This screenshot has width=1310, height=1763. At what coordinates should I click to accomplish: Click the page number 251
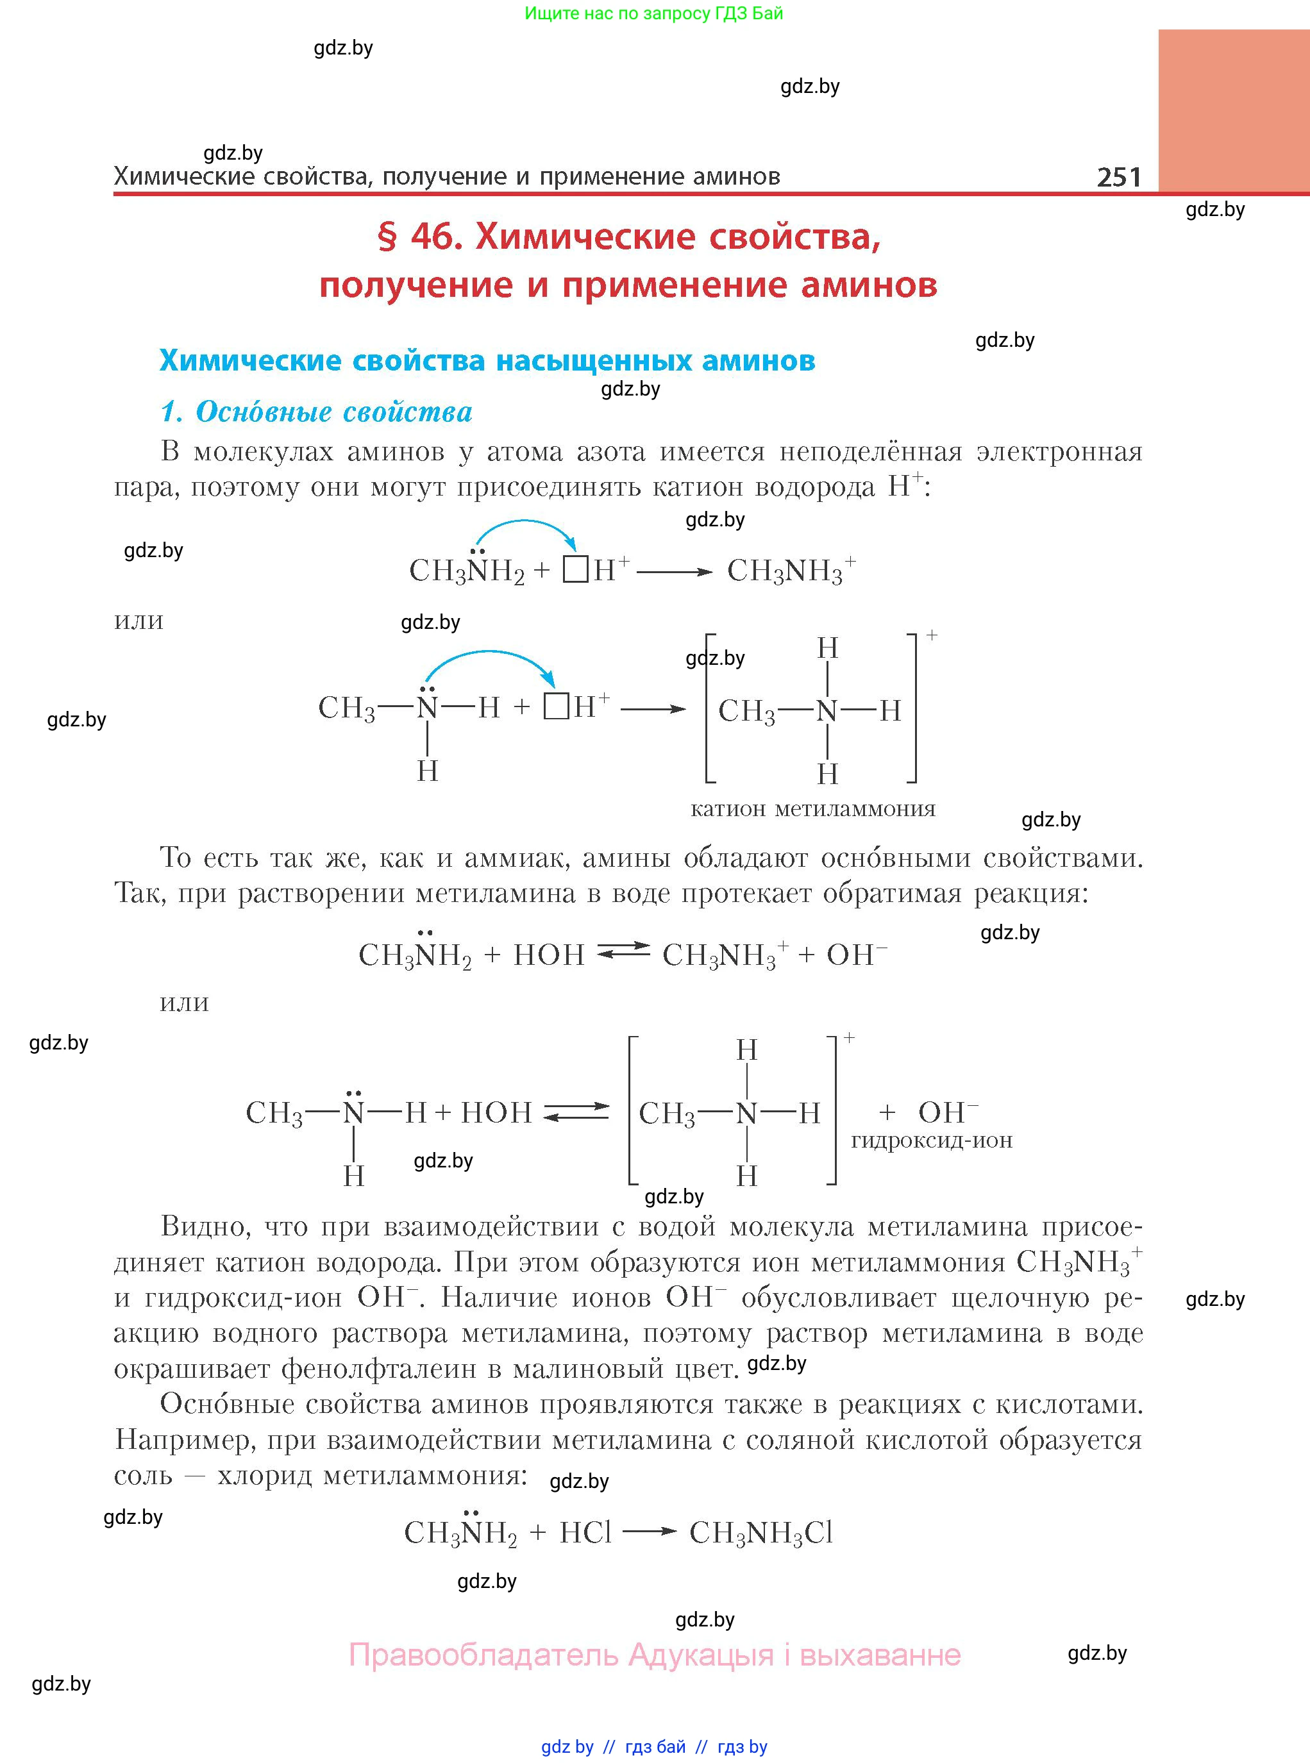tap(1119, 176)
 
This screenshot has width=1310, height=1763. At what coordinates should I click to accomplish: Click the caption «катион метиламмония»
tap(813, 809)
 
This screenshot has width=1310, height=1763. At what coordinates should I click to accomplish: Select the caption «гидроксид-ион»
tap(932, 1141)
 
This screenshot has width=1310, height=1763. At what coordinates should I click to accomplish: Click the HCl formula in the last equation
tap(585, 1533)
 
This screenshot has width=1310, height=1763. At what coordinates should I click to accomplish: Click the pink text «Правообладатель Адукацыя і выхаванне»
tap(654, 1655)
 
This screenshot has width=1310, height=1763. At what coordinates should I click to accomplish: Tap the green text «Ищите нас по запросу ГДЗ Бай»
tap(653, 13)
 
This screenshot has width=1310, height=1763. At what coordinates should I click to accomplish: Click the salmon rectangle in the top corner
tap(1233, 111)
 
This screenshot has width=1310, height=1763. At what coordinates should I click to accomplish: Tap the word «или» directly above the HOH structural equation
tap(184, 1002)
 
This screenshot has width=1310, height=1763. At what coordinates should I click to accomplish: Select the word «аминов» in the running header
tap(737, 176)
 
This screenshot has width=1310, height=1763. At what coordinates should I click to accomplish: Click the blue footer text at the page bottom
tap(654, 1746)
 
